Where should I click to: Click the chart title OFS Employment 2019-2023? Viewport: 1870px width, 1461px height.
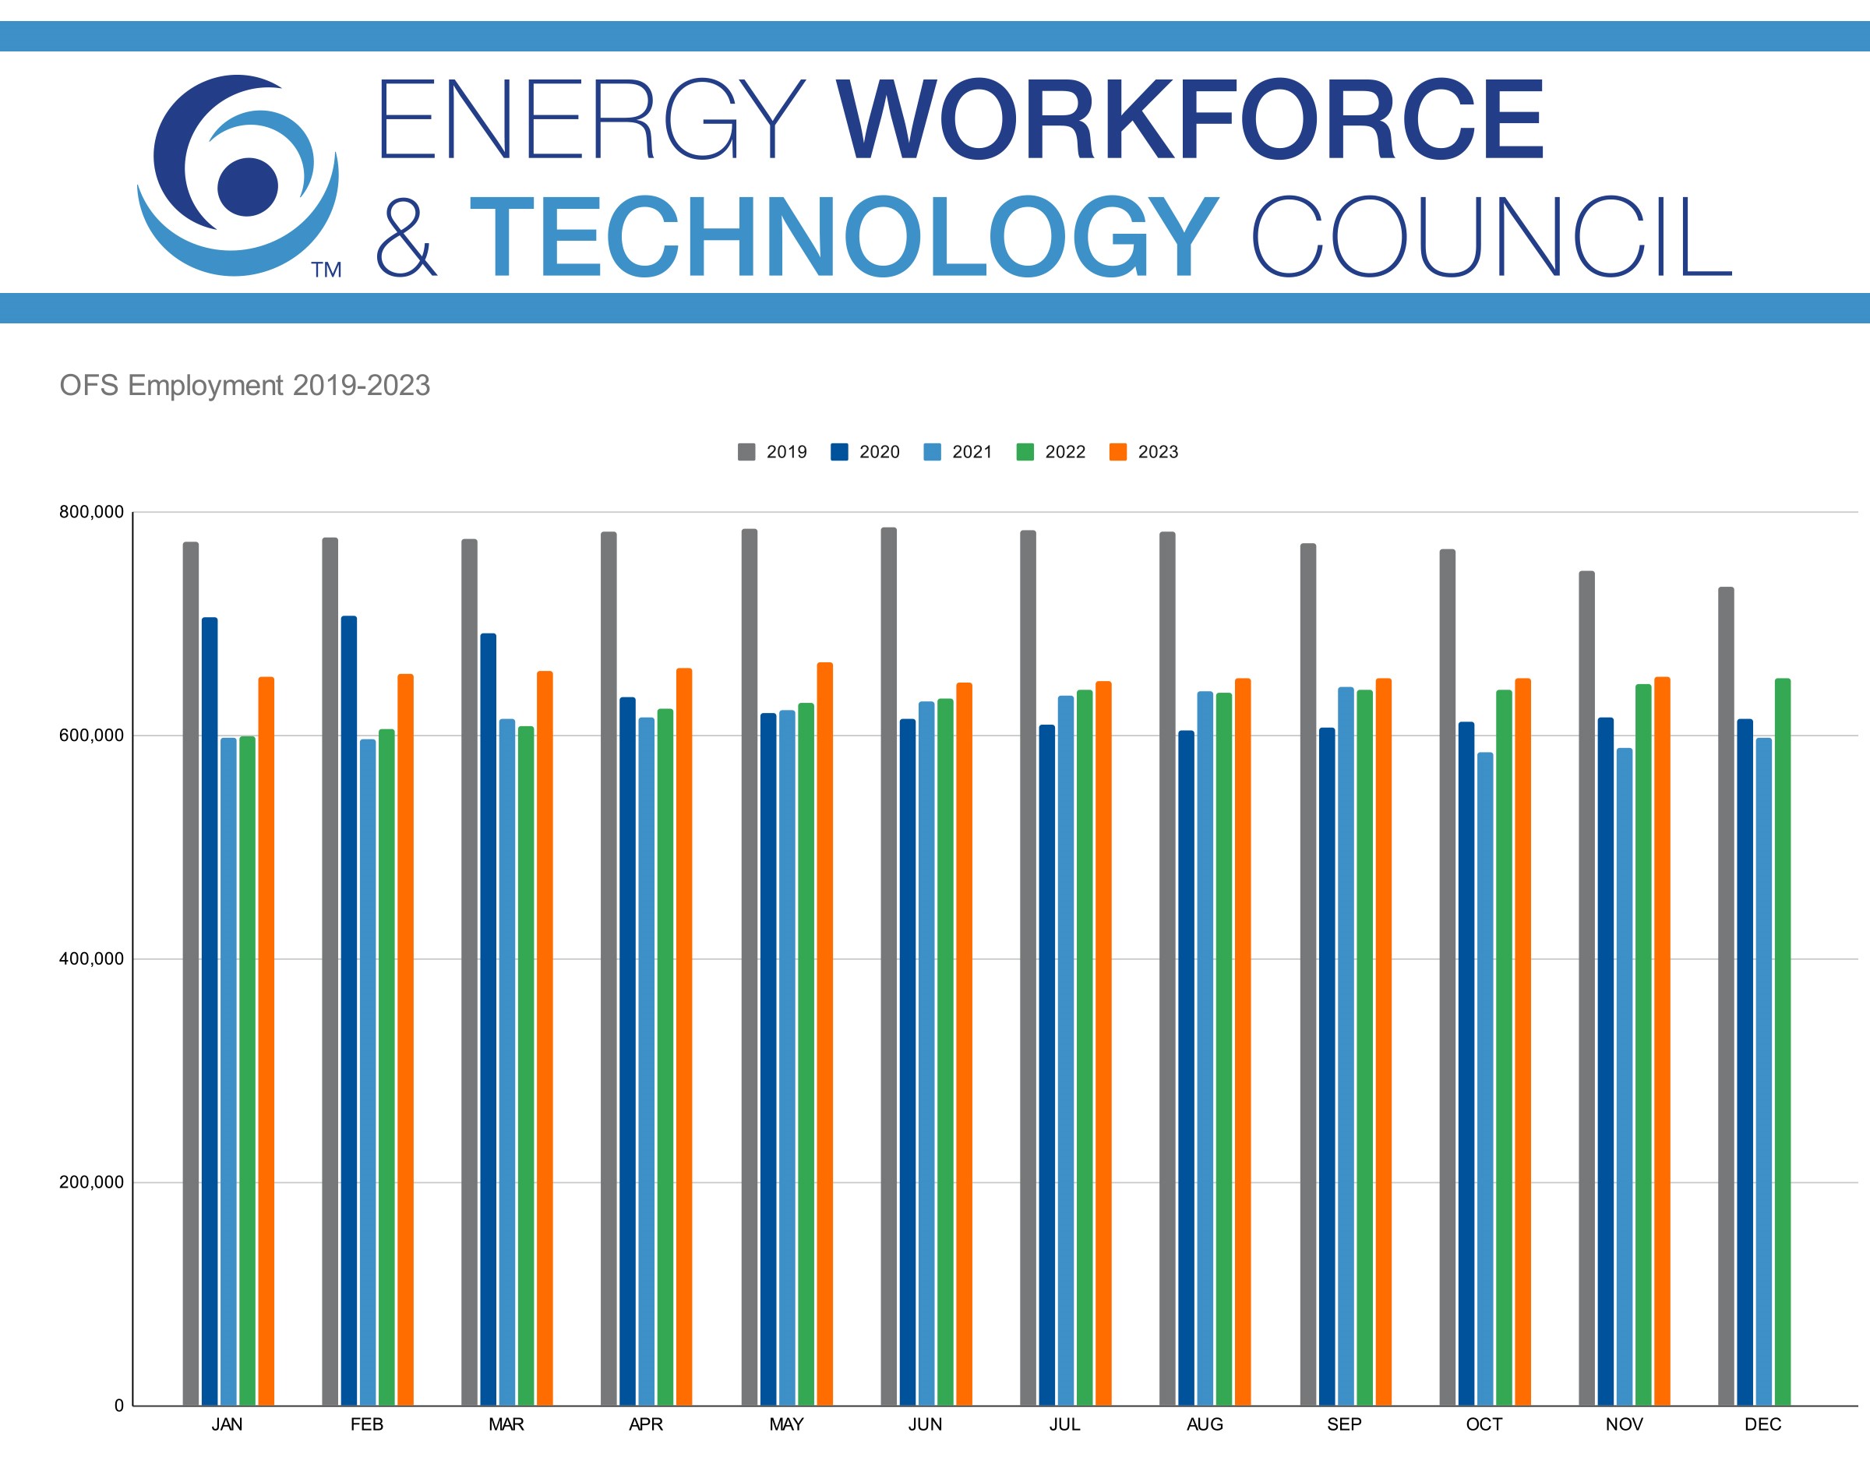point(244,386)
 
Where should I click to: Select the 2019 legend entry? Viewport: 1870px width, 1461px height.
point(772,452)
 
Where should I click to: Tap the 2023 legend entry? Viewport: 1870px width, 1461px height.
point(1144,452)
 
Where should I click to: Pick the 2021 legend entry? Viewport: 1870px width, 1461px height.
point(958,452)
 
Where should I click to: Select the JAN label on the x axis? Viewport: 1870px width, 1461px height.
point(227,1424)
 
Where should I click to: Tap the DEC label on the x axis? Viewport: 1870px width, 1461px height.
point(1763,1424)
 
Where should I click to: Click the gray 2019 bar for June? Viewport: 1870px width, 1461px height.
point(889,968)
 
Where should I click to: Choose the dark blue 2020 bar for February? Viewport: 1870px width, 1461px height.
point(348,1011)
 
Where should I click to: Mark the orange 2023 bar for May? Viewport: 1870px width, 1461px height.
point(824,1036)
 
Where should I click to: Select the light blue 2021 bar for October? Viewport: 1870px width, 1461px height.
point(1484,1079)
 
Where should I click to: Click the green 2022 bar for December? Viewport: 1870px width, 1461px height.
point(1783,1045)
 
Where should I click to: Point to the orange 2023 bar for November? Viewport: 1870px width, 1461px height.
point(1662,1045)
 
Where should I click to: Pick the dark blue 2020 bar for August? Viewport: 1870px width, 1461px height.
point(1186,1071)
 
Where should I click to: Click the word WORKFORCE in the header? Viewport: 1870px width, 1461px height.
point(1190,120)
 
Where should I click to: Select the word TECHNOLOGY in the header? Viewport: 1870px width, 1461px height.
point(843,237)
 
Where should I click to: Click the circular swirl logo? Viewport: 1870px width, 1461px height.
point(237,175)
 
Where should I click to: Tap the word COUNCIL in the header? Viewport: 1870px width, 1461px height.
point(1491,237)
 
